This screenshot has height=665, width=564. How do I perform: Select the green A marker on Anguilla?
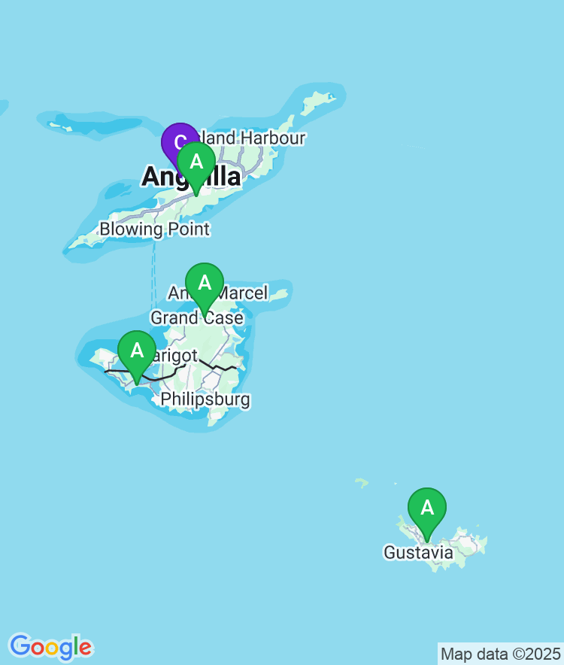point(196,161)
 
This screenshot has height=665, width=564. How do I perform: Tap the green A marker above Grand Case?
point(205,283)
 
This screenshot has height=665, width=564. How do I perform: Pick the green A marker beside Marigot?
point(137,351)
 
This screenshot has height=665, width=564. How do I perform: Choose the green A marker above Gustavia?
point(427,509)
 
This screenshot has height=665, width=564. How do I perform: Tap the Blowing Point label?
point(154,229)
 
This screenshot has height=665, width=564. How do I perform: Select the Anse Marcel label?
point(218,293)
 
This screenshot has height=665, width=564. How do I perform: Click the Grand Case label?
point(197,317)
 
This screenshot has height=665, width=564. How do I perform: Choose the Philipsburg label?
point(205,399)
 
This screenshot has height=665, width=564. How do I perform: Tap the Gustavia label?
point(418,553)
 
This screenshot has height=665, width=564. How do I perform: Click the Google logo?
point(50,646)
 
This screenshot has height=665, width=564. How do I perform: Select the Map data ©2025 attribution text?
point(500,653)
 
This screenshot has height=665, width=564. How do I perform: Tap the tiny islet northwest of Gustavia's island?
point(362,482)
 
